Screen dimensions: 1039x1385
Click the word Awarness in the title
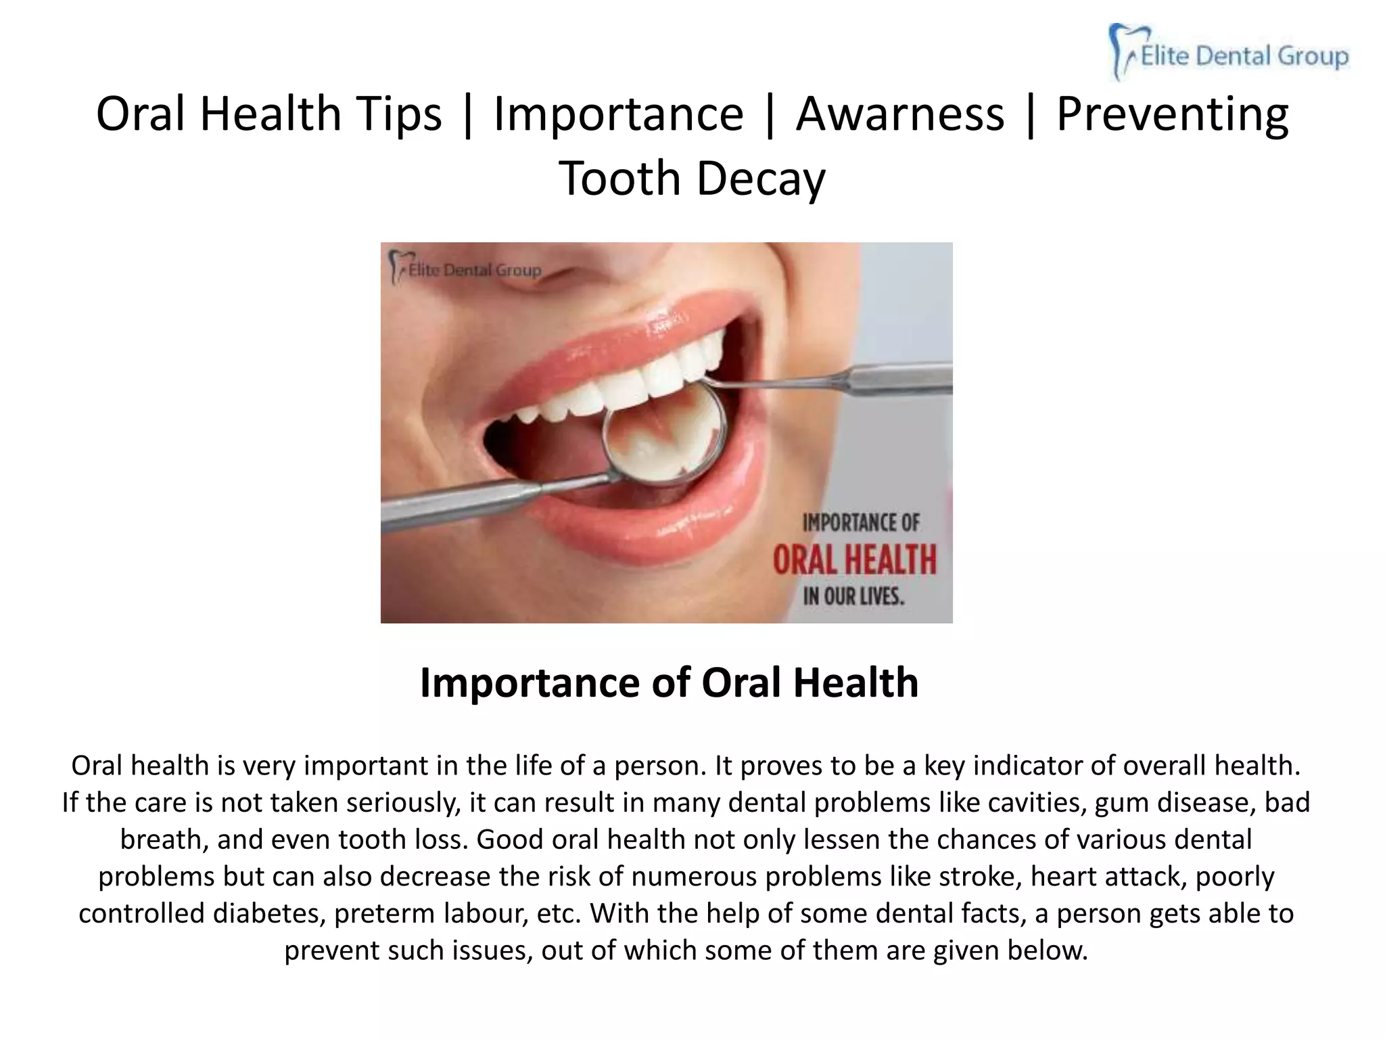[899, 114]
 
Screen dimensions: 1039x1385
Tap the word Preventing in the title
[1172, 114]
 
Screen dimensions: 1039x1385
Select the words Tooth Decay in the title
[692, 178]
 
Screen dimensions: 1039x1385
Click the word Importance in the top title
[618, 114]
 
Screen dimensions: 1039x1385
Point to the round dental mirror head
[665, 432]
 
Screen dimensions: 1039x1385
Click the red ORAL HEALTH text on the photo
[855, 560]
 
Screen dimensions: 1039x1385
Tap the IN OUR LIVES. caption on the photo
[853, 597]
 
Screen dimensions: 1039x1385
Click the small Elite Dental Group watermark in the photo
[467, 269]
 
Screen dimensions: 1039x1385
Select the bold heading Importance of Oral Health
[669, 682]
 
